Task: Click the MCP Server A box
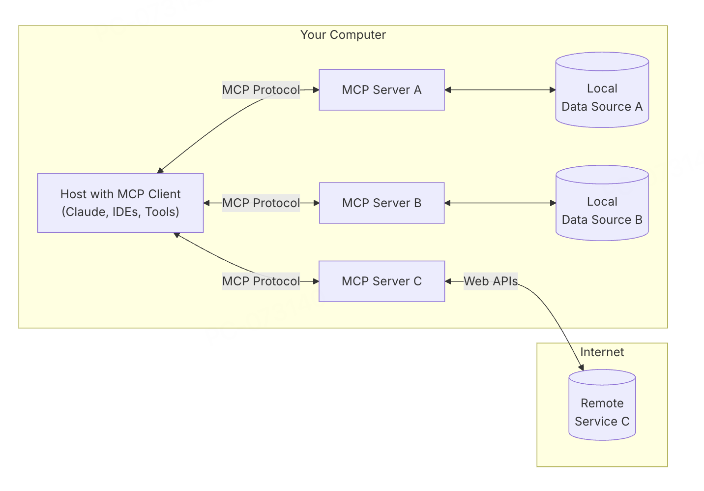381,90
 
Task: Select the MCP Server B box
381,203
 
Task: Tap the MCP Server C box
381,281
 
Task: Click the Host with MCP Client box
120,203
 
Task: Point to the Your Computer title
343,35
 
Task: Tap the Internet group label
602,352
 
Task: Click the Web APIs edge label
491,281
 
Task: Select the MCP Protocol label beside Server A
261,90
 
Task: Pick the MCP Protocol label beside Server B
261,203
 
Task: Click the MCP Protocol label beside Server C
261,281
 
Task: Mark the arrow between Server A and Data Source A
500,90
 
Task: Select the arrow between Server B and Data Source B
500,203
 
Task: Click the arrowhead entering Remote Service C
582,368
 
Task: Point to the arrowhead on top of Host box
160,171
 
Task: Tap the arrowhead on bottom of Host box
176,235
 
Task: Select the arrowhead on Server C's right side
448,281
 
